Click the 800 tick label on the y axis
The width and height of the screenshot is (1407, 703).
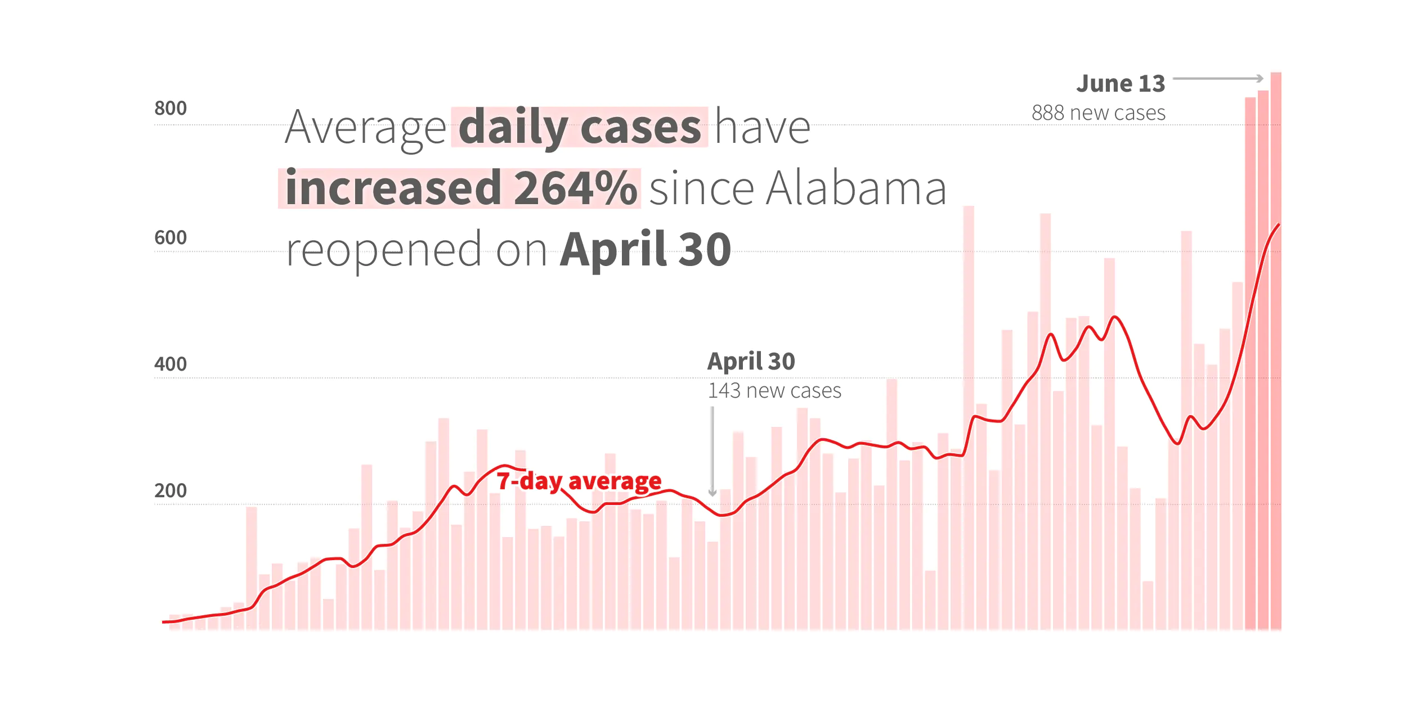(170, 108)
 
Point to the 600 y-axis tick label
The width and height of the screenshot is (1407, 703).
(170, 237)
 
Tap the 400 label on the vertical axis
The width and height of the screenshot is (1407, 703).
(170, 364)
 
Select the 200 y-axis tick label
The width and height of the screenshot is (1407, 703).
(170, 490)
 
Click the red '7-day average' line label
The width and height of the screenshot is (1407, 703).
(579, 481)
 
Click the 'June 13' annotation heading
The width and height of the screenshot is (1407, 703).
(1120, 84)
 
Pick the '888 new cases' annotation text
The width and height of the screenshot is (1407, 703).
(1098, 113)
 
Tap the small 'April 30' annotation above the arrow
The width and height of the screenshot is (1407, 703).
(751, 361)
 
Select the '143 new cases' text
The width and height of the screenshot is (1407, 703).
(774, 391)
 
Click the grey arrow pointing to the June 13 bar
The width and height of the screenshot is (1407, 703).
(1218, 79)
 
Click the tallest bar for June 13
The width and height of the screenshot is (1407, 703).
(1276, 349)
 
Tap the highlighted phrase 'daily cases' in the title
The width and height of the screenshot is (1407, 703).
(580, 128)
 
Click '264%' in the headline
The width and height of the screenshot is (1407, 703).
(575, 188)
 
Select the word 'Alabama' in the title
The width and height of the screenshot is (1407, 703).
(856, 188)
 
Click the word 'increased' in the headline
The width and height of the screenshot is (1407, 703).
(393, 188)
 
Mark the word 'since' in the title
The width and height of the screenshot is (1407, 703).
(701, 188)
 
